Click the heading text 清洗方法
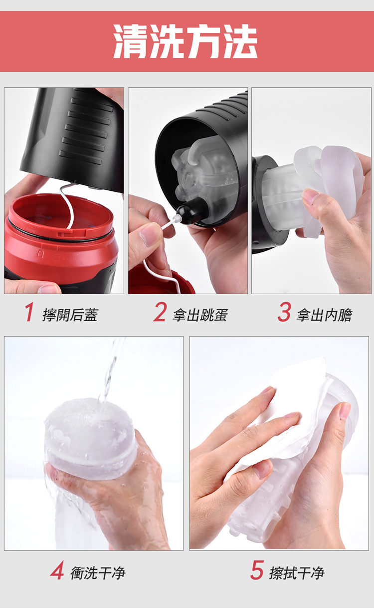pos(186,41)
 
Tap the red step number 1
pos(29,312)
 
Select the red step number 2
pos(160,312)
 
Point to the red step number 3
pos(284,312)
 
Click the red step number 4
pos(57,570)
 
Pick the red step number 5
pos(257,570)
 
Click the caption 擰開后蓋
pos(70,315)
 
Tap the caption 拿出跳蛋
pos(200,315)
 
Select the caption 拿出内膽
pos(325,315)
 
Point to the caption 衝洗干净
pos(98,573)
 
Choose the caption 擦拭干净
pos(297,573)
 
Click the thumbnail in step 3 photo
pos(310,196)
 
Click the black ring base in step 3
pos(267,203)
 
